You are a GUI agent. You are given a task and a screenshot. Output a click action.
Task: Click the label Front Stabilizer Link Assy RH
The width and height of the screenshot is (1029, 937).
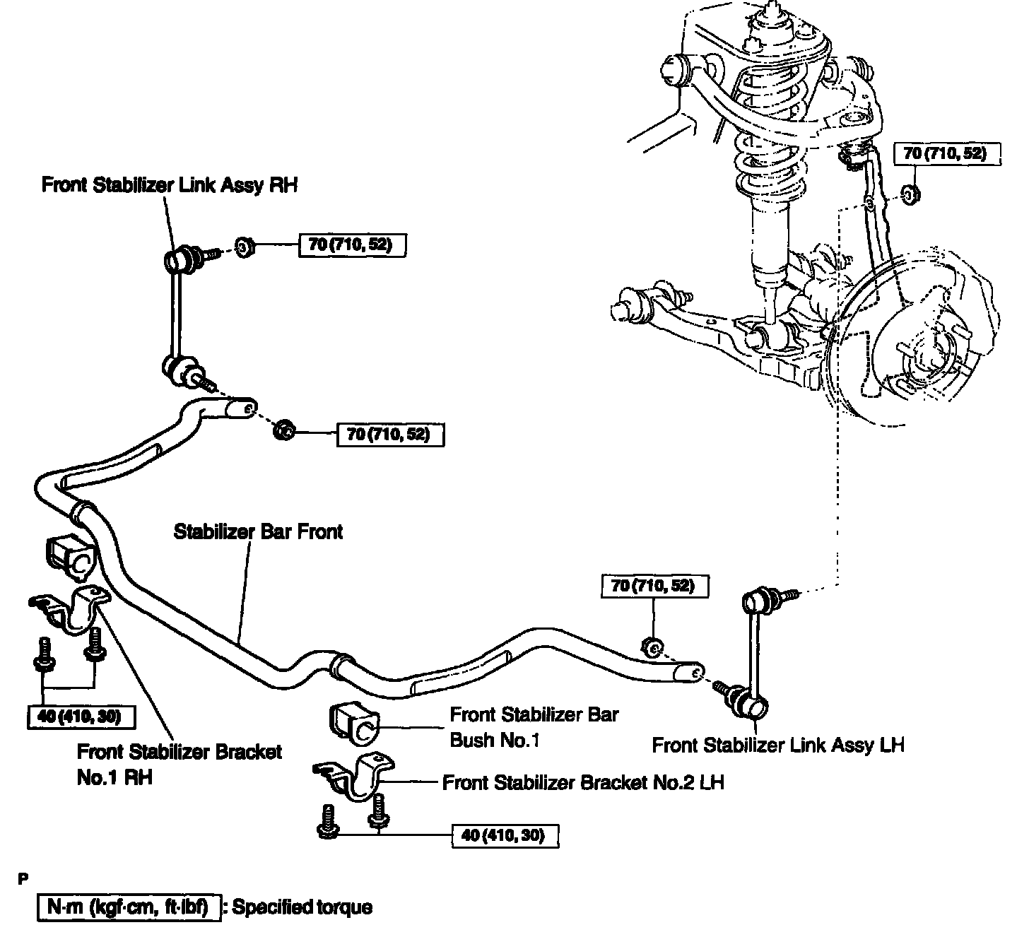point(170,185)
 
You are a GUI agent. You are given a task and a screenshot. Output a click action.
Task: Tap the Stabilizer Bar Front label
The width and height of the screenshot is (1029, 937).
point(258,531)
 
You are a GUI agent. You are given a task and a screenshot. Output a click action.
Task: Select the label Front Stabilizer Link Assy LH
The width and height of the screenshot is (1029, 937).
point(777,745)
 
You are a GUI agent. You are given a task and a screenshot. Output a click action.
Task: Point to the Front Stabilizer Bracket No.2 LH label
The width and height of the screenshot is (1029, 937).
point(583,782)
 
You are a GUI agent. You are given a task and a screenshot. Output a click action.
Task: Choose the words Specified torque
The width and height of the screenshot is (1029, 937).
point(302,907)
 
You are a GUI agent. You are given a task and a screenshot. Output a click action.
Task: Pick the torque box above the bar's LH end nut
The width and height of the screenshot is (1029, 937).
point(654,586)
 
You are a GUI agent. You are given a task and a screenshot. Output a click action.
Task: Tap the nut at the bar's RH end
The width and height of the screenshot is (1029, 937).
point(284,428)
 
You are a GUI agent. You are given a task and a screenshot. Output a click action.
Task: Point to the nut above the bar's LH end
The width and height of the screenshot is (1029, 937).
point(654,645)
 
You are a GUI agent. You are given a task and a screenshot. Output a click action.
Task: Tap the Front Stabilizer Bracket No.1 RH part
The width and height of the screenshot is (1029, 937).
point(71,608)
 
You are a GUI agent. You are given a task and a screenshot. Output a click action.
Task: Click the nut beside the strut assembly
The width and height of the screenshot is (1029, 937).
point(911,193)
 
